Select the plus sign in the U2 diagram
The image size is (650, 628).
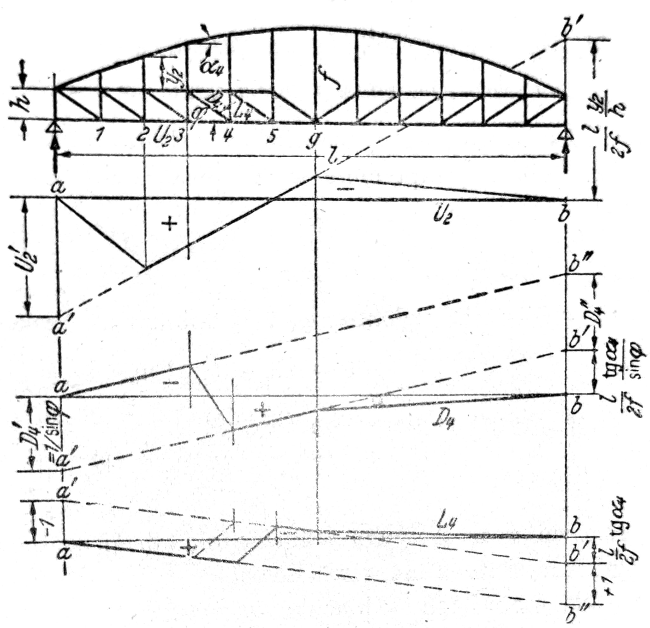click(x=169, y=224)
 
